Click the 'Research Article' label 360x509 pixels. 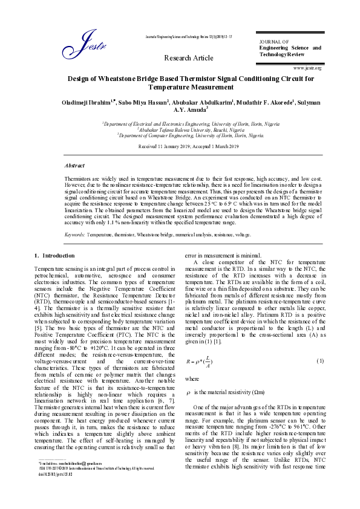tap(189, 58)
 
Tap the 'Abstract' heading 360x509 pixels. tap(74, 165)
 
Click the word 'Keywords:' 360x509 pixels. tap(74, 233)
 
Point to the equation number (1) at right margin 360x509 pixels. tap(321, 361)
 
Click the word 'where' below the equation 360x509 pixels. tap(192, 379)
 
